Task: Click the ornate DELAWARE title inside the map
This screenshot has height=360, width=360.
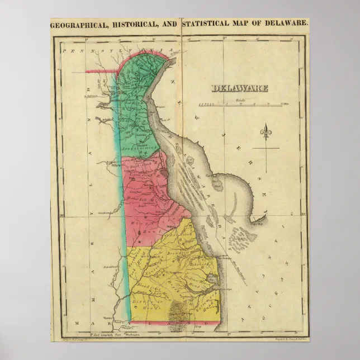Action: (239, 88)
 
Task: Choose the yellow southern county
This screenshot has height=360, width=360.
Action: (168, 274)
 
